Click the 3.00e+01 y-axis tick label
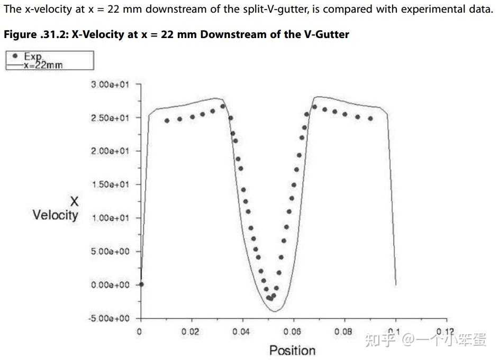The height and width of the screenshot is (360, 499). pos(110,84)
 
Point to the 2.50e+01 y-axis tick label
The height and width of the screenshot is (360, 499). pos(110,117)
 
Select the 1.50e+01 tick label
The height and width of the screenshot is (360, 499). pos(110,184)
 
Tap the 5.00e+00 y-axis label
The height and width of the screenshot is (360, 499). pos(110,251)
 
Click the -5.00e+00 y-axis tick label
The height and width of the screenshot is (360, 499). pos(109,318)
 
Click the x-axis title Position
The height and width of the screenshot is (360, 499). pos(292,350)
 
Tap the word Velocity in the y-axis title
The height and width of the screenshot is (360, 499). pos(55,215)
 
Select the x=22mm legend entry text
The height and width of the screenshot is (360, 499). pos(44,65)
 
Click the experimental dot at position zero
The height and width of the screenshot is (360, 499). pos(141,284)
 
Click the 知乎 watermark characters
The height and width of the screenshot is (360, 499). pos(380,339)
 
